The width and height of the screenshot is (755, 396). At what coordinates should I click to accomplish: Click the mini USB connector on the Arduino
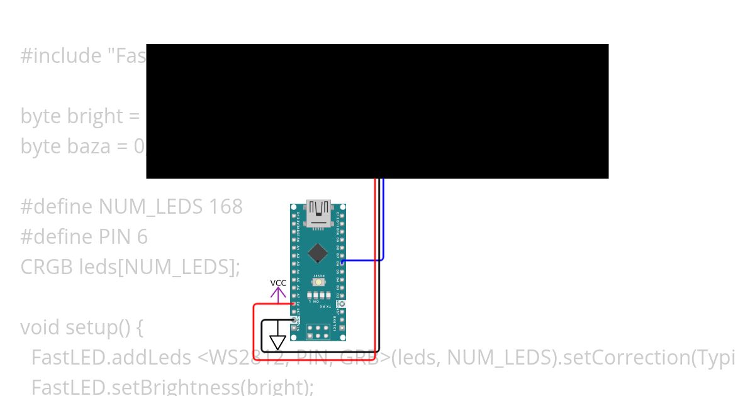click(318, 212)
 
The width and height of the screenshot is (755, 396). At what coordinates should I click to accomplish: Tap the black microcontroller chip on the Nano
click(318, 252)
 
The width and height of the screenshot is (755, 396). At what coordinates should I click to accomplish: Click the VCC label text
click(278, 283)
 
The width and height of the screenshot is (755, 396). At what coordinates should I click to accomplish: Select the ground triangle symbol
click(277, 343)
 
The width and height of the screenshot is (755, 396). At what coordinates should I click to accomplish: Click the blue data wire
click(383, 220)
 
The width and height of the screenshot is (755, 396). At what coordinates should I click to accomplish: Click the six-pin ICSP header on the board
click(319, 331)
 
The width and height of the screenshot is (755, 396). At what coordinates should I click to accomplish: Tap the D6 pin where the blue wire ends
click(342, 260)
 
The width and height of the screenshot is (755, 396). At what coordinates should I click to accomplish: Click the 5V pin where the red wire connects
click(294, 304)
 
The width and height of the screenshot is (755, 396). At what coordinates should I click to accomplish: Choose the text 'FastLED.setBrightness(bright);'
click(172, 385)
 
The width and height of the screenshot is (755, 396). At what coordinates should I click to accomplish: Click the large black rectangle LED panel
click(377, 111)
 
